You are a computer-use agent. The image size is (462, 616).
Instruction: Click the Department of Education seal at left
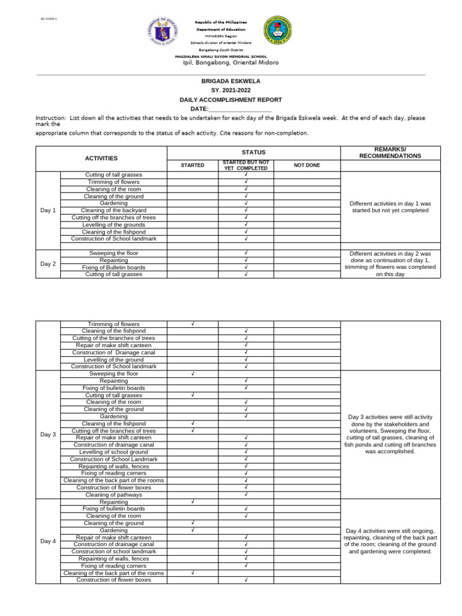162,35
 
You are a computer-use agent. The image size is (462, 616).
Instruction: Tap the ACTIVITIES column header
101,158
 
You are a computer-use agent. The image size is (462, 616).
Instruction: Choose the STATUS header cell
253,152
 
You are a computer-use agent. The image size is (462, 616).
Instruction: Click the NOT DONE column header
307,165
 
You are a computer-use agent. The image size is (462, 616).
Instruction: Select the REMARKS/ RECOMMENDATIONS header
390,152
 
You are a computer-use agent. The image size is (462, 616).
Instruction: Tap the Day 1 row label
48,210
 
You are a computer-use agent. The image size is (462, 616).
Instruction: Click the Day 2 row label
48,263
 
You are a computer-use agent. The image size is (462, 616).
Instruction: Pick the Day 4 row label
48,541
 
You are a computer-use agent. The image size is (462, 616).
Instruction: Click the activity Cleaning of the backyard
114,210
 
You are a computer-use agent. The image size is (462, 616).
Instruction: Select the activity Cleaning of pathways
114,494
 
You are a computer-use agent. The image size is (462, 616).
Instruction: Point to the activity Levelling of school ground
114,452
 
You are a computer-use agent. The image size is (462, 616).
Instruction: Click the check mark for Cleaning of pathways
246,494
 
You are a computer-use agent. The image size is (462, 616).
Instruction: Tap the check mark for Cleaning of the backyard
246,210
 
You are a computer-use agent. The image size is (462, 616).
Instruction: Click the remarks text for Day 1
390,207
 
